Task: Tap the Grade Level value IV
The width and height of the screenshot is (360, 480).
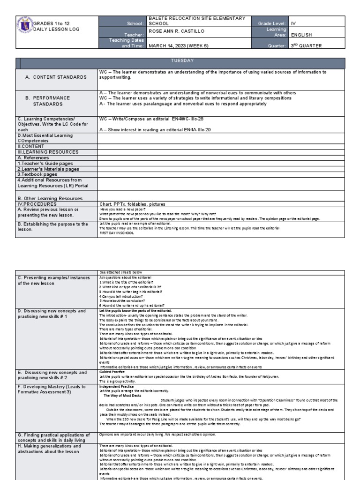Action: tap(293, 23)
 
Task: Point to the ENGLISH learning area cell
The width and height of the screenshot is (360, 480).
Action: tap(301, 35)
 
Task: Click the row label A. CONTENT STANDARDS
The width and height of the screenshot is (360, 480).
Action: tap(56, 77)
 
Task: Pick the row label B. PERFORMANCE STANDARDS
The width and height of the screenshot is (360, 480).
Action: tap(51, 101)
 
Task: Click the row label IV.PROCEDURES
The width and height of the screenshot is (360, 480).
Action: tap(37, 204)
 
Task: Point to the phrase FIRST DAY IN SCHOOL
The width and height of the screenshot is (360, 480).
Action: tap(115, 232)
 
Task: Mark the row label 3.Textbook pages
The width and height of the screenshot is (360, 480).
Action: tap(40, 174)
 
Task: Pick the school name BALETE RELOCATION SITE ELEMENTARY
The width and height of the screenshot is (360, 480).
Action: tap(197, 18)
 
